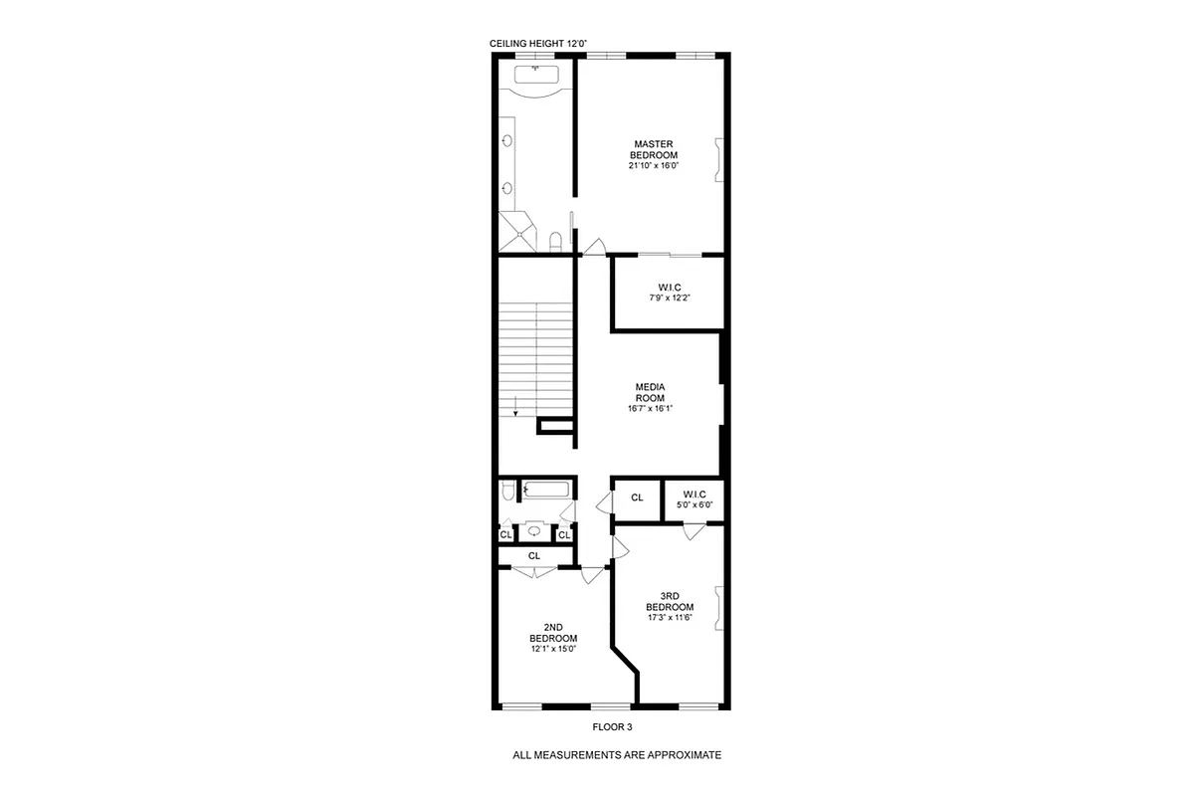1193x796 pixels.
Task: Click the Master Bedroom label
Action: [654, 149]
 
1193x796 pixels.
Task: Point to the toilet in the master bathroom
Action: [556, 240]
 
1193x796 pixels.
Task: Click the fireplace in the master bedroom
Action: [717, 159]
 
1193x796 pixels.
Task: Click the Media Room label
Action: [650, 392]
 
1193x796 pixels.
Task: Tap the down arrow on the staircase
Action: [515, 407]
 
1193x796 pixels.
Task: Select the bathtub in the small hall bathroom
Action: [545, 490]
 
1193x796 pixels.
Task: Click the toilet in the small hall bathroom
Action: [508, 490]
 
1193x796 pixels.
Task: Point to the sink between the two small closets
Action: [534, 531]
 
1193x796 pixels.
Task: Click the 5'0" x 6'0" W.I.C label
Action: [695, 499]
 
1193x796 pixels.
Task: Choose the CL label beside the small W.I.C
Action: [637, 497]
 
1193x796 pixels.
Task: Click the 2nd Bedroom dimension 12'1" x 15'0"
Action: [553, 649]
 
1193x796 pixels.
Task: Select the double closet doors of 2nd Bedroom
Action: [534, 571]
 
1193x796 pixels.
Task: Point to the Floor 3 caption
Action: [612, 726]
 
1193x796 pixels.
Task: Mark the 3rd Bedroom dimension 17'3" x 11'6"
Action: [669, 617]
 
